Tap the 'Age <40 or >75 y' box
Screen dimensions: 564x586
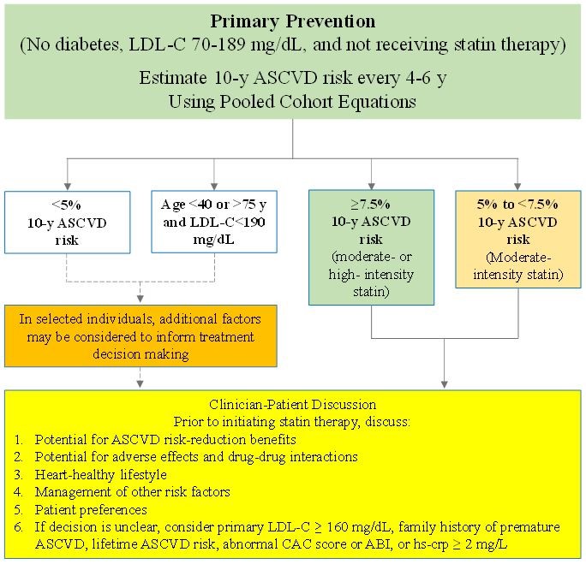point(213,220)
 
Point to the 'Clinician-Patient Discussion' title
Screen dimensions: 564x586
point(293,403)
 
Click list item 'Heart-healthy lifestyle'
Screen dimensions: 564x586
point(100,473)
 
